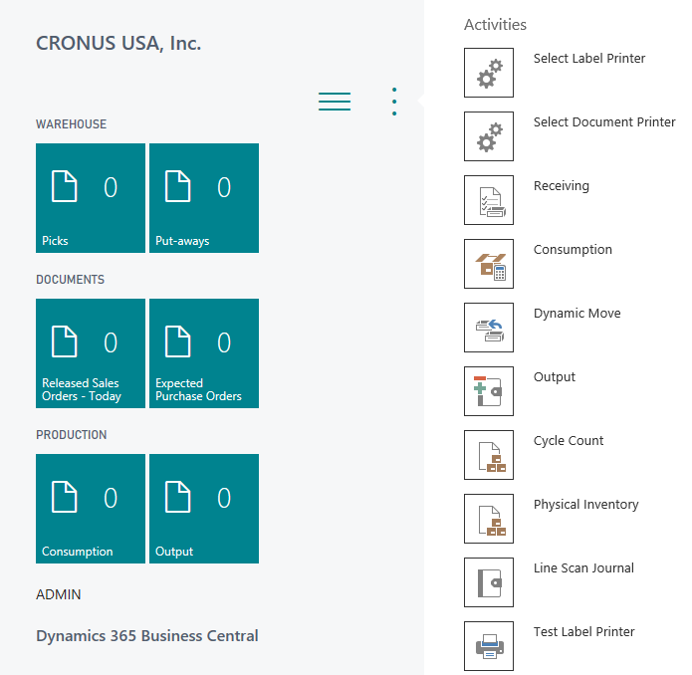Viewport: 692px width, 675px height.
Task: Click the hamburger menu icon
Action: tap(335, 102)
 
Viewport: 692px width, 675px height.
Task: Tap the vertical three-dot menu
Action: tap(394, 102)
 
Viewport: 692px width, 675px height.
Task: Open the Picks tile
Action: tap(91, 198)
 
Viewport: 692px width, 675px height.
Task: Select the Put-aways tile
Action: tap(204, 198)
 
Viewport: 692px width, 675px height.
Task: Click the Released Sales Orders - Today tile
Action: tap(91, 353)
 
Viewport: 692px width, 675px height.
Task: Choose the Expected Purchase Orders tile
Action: tap(204, 353)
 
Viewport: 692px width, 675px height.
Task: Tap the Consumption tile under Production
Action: tap(91, 509)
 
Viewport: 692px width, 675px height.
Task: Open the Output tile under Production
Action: tap(204, 509)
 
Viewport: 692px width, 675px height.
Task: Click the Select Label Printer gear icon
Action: tap(489, 73)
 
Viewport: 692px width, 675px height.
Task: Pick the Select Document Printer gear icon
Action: tap(489, 136)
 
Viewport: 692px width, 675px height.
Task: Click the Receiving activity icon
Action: tap(489, 200)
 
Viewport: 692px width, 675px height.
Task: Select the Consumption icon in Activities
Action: tap(489, 264)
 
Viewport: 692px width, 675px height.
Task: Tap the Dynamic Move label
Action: tap(577, 314)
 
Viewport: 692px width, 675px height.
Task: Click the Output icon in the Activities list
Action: tap(489, 391)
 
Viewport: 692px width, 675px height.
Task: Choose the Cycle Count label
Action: tap(569, 441)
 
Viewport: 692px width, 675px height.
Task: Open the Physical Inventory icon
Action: tap(489, 519)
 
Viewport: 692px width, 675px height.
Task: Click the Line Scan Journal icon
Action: tap(489, 582)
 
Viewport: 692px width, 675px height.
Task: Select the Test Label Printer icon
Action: tap(489, 646)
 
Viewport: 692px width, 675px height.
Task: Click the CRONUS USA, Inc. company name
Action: tap(118, 44)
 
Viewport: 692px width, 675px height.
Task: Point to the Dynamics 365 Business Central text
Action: tap(147, 636)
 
